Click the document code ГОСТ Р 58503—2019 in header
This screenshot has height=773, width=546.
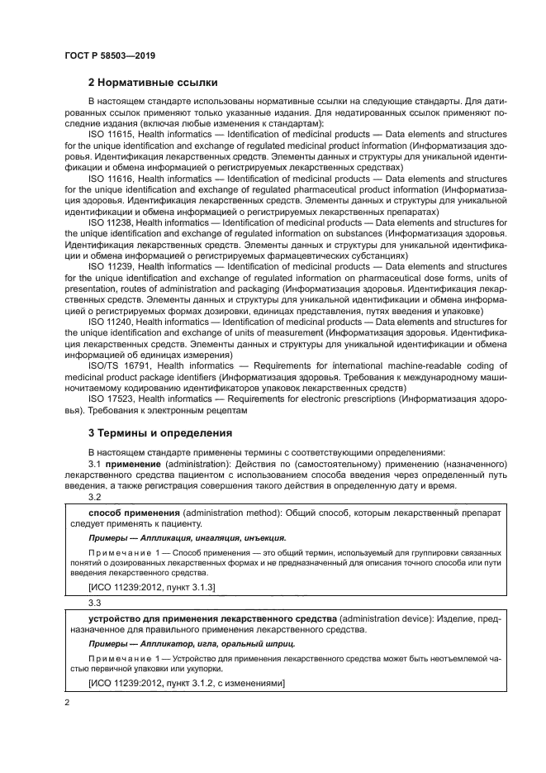click(x=110, y=55)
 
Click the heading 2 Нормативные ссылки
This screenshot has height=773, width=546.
click(x=153, y=83)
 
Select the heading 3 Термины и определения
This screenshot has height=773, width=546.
click(x=159, y=432)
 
